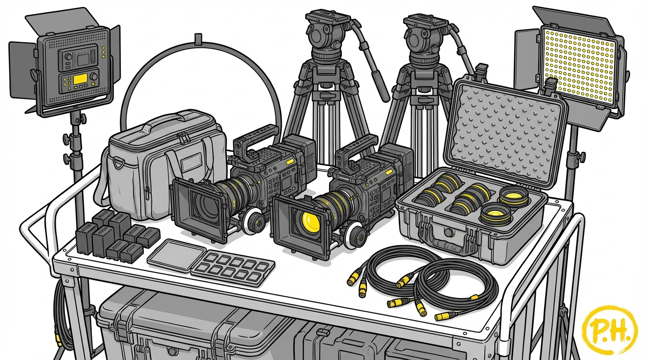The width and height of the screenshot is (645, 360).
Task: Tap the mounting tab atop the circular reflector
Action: point(198,39)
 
